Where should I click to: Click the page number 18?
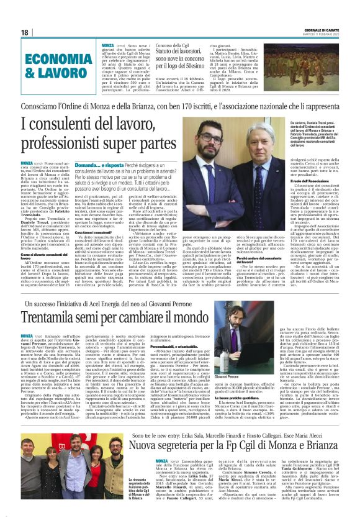(x=24, y=32)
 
